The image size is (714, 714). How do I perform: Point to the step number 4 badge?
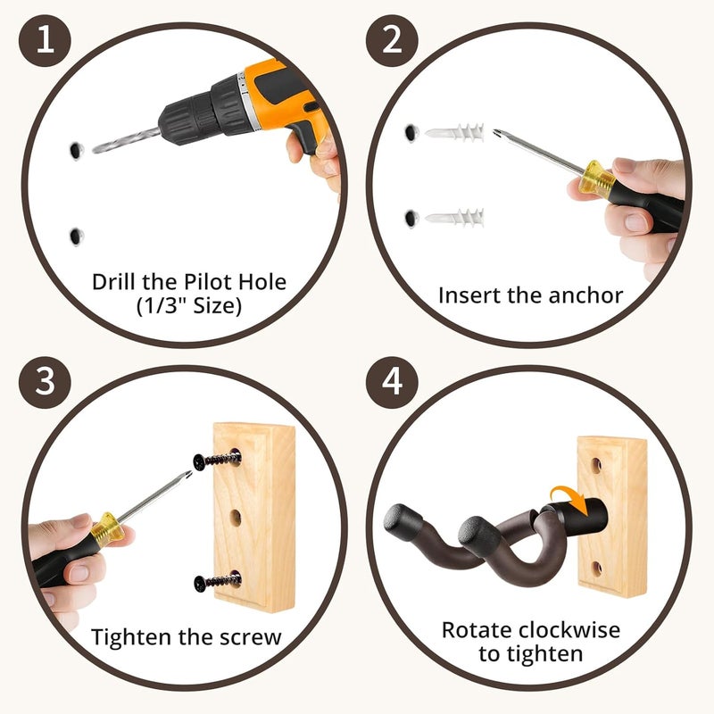pyautogui.click(x=394, y=386)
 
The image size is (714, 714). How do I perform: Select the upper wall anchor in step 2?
pyautogui.click(x=454, y=134)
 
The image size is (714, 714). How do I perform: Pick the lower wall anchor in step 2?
pyautogui.click(x=454, y=217)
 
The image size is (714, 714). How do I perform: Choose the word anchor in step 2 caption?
pyautogui.click(x=585, y=295)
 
